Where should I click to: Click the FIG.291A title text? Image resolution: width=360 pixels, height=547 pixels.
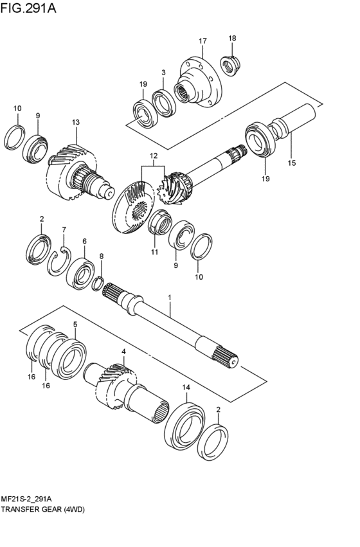point(28,8)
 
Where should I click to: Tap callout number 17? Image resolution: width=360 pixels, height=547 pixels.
point(203,41)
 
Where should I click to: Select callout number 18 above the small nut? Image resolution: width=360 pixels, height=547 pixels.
point(232,38)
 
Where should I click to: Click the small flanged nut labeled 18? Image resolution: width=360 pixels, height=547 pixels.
point(231,66)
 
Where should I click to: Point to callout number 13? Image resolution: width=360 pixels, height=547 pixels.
point(76,122)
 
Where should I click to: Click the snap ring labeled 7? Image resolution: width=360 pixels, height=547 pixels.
point(59,262)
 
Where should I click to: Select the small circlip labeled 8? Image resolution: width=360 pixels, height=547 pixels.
point(98,283)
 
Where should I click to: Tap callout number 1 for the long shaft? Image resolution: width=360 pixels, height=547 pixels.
point(170,298)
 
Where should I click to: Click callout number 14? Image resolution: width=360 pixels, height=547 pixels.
point(186,388)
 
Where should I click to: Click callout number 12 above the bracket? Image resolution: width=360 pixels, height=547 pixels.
point(154,156)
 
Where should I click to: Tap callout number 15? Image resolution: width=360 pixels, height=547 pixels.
point(292,163)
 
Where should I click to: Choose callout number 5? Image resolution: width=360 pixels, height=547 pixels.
point(75,325)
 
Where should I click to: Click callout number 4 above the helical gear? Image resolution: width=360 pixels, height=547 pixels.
point(123,352)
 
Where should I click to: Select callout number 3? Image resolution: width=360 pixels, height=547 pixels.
point(163,73)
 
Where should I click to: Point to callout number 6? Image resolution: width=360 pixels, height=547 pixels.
point(84,242)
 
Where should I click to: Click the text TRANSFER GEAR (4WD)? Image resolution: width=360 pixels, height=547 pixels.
point(43,510)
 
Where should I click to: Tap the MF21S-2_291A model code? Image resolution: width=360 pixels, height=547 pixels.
point(27,499)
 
